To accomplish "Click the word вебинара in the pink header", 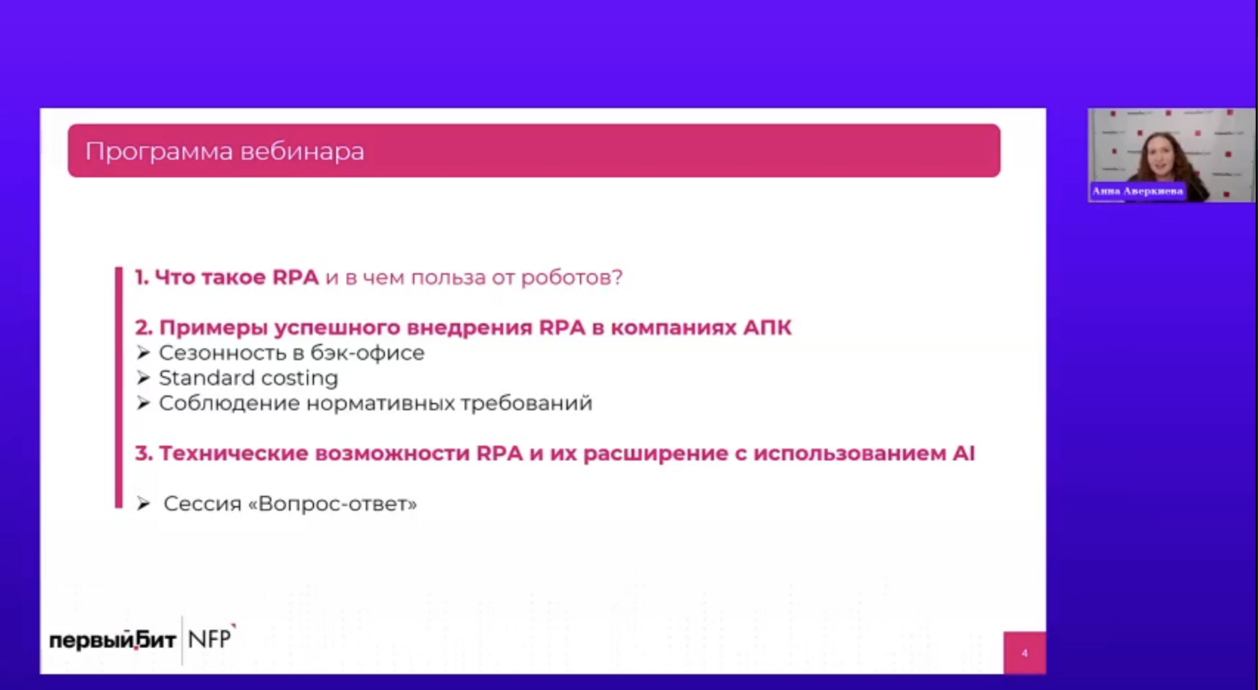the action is click(303, 151).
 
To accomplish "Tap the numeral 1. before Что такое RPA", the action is click(142, 277).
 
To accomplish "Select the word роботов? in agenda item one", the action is click(572, 278).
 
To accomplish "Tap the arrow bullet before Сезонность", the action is click(143, 352).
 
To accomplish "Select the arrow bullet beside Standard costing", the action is click(143, 378).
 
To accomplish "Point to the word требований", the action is click(526, 403).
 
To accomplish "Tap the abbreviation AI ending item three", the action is click(964, 453).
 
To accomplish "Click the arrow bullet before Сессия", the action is click(143, 504).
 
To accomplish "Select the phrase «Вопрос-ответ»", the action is click(332, 504).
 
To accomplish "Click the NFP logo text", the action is click(211, 638).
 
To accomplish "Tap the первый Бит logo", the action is click(113, 640).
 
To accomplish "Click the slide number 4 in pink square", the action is click(1024, 653).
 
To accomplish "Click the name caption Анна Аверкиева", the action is click(1137, 191).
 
